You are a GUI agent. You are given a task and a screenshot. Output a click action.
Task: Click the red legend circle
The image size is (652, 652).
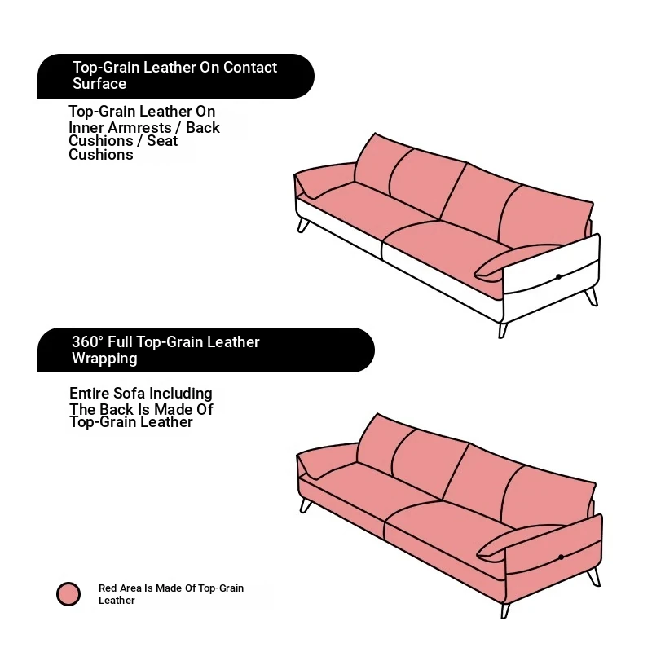[x=68, y=593]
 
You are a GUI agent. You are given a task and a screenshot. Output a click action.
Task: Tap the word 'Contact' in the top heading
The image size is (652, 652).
[x=250, y=68]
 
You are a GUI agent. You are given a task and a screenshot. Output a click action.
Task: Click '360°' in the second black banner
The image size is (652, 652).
[x=87, y=341]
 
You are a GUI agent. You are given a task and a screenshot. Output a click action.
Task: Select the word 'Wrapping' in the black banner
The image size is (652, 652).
[x=104, y=359]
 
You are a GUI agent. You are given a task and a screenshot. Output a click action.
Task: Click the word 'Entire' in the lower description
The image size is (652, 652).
[x=90, y=393]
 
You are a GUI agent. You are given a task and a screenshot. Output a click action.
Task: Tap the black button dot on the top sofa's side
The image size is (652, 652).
[x=558, y=276]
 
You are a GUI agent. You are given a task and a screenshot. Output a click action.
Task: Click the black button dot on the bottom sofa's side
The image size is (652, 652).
[x=561, y=557]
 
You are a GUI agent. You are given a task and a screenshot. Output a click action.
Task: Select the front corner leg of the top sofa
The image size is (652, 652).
[x=503, y=331]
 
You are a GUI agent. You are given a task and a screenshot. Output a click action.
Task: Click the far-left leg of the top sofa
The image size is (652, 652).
[x=303, y=226]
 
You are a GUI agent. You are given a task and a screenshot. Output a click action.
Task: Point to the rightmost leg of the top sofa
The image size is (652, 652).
[x=592, y=297]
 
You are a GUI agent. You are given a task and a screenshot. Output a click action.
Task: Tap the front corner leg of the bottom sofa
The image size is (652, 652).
[x=505, y=610]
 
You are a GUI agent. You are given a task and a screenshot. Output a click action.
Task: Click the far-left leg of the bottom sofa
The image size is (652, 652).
[x=306, y=505]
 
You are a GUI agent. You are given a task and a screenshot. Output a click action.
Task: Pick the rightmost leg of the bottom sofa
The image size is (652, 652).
[x=594, y=577]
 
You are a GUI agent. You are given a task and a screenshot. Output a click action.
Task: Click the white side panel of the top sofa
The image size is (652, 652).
[x=551, y=271]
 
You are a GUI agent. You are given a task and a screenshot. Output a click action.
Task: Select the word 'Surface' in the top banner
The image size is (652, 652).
[x=99, y=84]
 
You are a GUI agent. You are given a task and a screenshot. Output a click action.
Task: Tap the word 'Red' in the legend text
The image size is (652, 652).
[x=106, y=588]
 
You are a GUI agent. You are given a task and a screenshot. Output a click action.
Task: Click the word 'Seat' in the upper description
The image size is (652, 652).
[x=162, y=141]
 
